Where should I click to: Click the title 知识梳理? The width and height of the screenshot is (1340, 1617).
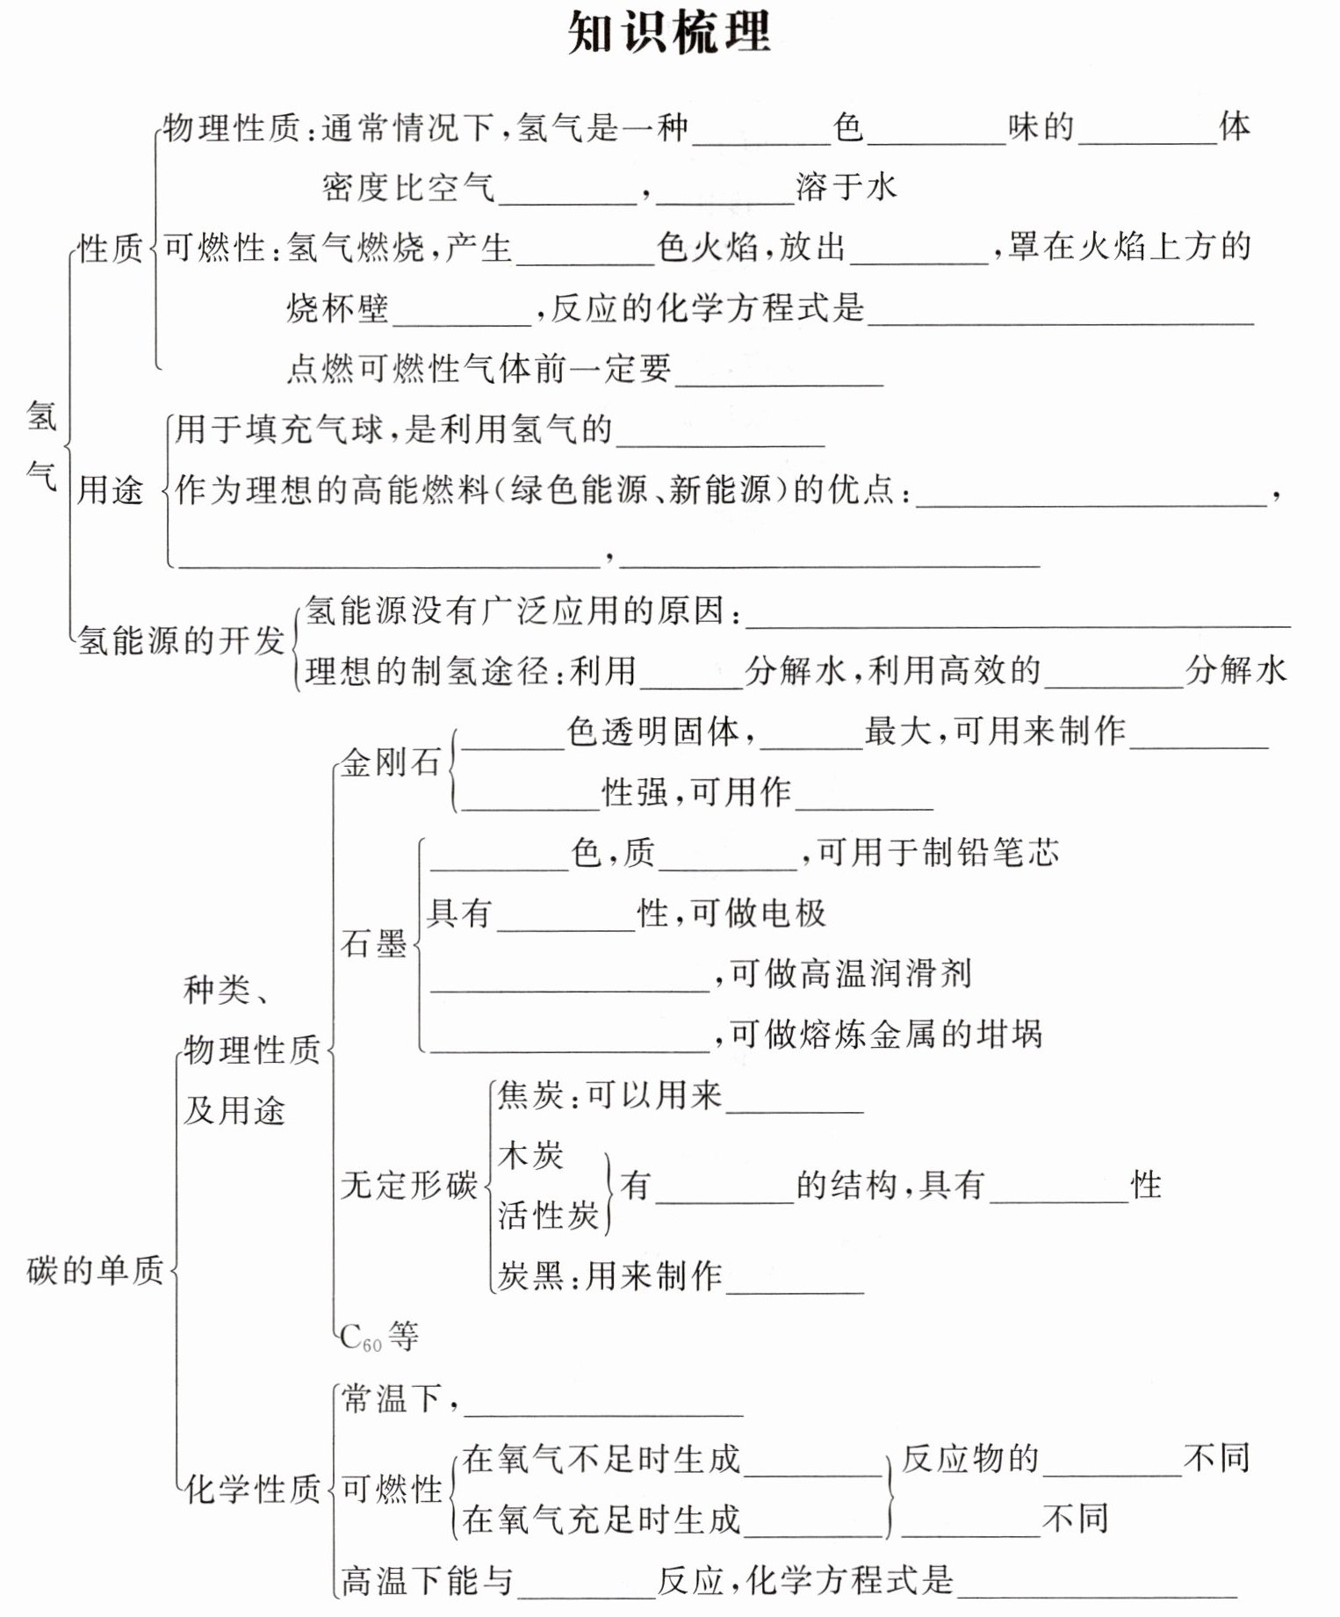pos(669,33)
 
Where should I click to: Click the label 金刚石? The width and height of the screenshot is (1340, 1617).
pos(390,762)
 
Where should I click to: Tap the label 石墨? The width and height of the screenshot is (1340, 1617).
pos(374,944)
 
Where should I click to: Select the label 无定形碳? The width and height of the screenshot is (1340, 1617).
pos(408,1185)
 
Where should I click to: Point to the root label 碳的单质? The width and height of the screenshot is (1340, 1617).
pos(95,1270)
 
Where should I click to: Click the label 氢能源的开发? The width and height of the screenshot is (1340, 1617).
pos(181,640)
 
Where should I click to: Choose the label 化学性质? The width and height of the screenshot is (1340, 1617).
pos(253,1488)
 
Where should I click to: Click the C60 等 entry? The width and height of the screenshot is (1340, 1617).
pos(378,1337)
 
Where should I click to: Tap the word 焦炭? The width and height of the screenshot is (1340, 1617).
pos(530,1094)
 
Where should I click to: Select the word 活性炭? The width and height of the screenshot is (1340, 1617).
pos(548,1216)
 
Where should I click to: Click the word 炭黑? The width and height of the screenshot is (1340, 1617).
pos(530,1275)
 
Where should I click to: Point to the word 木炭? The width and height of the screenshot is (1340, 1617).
pos(530,1155)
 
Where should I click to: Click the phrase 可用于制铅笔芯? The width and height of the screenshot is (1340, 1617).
pos(938,853)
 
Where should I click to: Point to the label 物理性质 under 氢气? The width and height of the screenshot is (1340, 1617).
pos(233,128)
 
